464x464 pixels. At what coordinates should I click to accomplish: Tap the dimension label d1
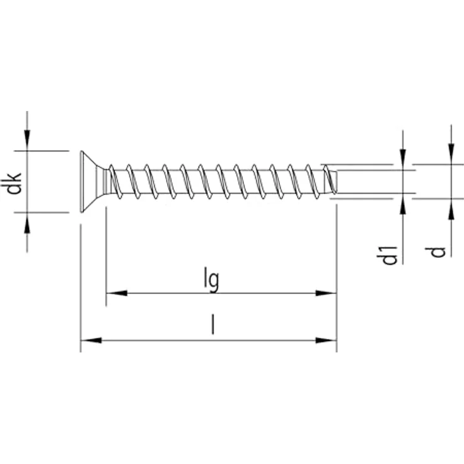click(390, 255)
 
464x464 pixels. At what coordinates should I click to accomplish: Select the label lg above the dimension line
click(212, 279)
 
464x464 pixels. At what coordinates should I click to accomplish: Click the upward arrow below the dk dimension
click(26, 223)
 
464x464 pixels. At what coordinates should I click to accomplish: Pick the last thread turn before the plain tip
click(327, 180)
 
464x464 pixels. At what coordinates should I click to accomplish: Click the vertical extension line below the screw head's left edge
click(81, 284)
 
